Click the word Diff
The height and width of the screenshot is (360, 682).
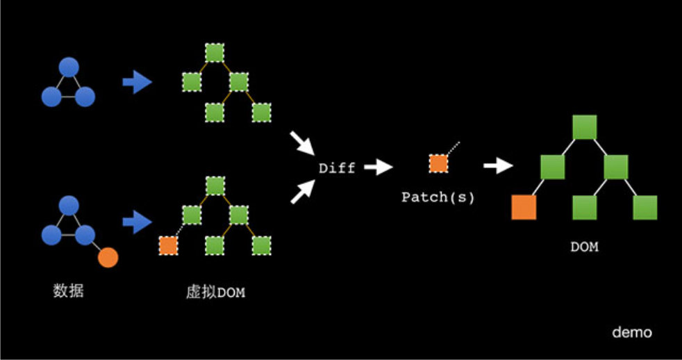pyautogui.click(x=337, y=168)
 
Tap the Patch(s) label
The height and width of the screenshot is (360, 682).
pyautogui.click(x=438, y=197)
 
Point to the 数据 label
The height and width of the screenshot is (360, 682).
pyautogui.click(x=68, y=291)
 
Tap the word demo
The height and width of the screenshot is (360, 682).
pyautogui.click(x=631, y=332)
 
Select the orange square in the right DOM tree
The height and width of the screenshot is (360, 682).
pyautogui.click(x=524, y=207)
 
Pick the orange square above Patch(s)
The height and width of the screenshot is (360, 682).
pyautogui.click(x=438, y=163)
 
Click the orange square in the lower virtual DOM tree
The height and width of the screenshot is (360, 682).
pyautogui.click(x=169, y=245)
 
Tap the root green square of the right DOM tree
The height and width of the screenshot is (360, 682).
pyautogui.click(x=585, y=127)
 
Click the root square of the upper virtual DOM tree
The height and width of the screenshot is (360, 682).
pyautogui.click(x=215, y=52)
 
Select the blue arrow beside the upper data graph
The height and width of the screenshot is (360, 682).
pyautogui.click(x=137, y=83)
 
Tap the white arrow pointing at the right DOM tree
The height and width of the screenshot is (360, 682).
pyautogui.click(x=498, y=166)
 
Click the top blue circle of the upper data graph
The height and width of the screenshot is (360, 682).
pyautogui.click(x=67, y=67)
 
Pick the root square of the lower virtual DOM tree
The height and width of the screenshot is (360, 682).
pyautogui.click(x=215, y=186)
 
